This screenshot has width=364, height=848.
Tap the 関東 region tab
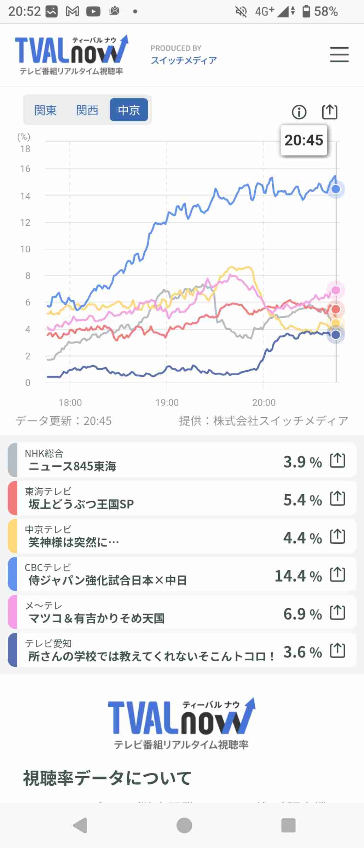pyautogui.click(x=45, y=110)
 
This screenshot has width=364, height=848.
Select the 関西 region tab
pyautogui.click(x=87, y=110)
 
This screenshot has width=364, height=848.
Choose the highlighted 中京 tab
pyautogui.click(x=129, y=110)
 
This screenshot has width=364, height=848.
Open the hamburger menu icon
pyautogui.click(x=339, y=55)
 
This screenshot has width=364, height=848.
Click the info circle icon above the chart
pyautogui.click(x=299, y=112)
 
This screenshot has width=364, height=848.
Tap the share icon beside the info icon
pyautogui.click(x=330, y=112)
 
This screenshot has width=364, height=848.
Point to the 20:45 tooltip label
pyautogui.click(x=304, y=140)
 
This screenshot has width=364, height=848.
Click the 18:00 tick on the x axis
pyautogui.click(x=70, y=402)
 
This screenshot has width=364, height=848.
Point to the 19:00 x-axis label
pyautogui.click(x=167, y=402)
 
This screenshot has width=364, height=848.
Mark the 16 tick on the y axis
pyautogui.click(x=25, y=169)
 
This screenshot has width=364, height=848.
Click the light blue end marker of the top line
pyautogui.click(x=336, y=189)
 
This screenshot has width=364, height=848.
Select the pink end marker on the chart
pyautogui.click(x=335, y=290)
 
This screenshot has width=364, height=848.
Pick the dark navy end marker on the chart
pyautogui.click(x=335, y=334)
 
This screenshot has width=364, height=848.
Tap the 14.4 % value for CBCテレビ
pyautogui.click(x=298, y=576)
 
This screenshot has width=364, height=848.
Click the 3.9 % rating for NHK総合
pyautogui.click(x=302, y=462)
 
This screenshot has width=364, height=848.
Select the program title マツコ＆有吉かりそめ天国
pyautogui.click(x=96, y=618)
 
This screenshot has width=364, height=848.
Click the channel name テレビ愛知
pyautogui.click(x=48, y=643)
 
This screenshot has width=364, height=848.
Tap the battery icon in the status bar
pyautogui.click(x=306, y=11)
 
